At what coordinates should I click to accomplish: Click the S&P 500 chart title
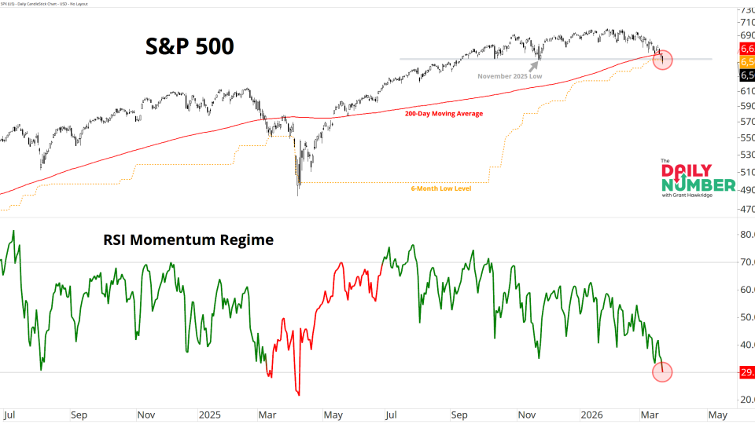[x=190, y=46]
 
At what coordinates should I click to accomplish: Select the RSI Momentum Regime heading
[x=189, y=240]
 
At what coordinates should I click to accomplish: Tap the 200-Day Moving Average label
[x=444, y=114]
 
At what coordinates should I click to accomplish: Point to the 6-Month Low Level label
[x=440, y=189]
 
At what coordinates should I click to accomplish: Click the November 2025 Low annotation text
[x=509, y=76]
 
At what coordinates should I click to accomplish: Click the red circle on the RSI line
[x=662, y=371]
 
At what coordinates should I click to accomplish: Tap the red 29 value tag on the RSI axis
[x=746, y=372]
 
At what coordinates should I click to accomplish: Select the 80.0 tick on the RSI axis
[x=746, y=234]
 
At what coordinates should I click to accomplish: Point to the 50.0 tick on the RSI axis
[x=746, y=317]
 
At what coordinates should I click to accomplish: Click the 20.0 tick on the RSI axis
[x=746, y=400]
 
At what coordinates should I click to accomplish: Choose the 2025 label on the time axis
[x=211, y=414]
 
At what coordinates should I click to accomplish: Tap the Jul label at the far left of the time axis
[x=9, y=414]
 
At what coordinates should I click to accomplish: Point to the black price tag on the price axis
[x=746, y=75]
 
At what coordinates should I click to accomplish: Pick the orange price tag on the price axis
[x=746, y=62]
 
